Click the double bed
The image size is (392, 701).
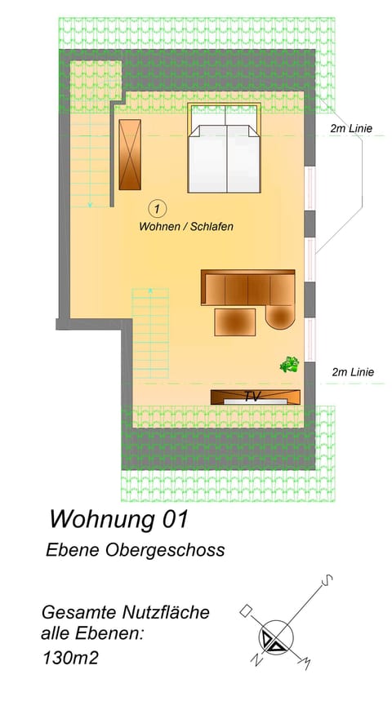[225, 155]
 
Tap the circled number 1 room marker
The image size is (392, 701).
[158, 208]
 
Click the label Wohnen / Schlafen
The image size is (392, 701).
[186, 227]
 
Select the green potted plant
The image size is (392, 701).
[289, 365]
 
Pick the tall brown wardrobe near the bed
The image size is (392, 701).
[130, 154]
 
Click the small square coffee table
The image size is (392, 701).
[234, 322]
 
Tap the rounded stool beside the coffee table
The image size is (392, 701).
[279, 316]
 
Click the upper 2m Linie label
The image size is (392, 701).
[352, 129]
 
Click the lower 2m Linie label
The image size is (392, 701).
[353, 372]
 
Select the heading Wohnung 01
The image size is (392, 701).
[119, 518]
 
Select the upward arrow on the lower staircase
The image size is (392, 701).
[150, 289]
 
